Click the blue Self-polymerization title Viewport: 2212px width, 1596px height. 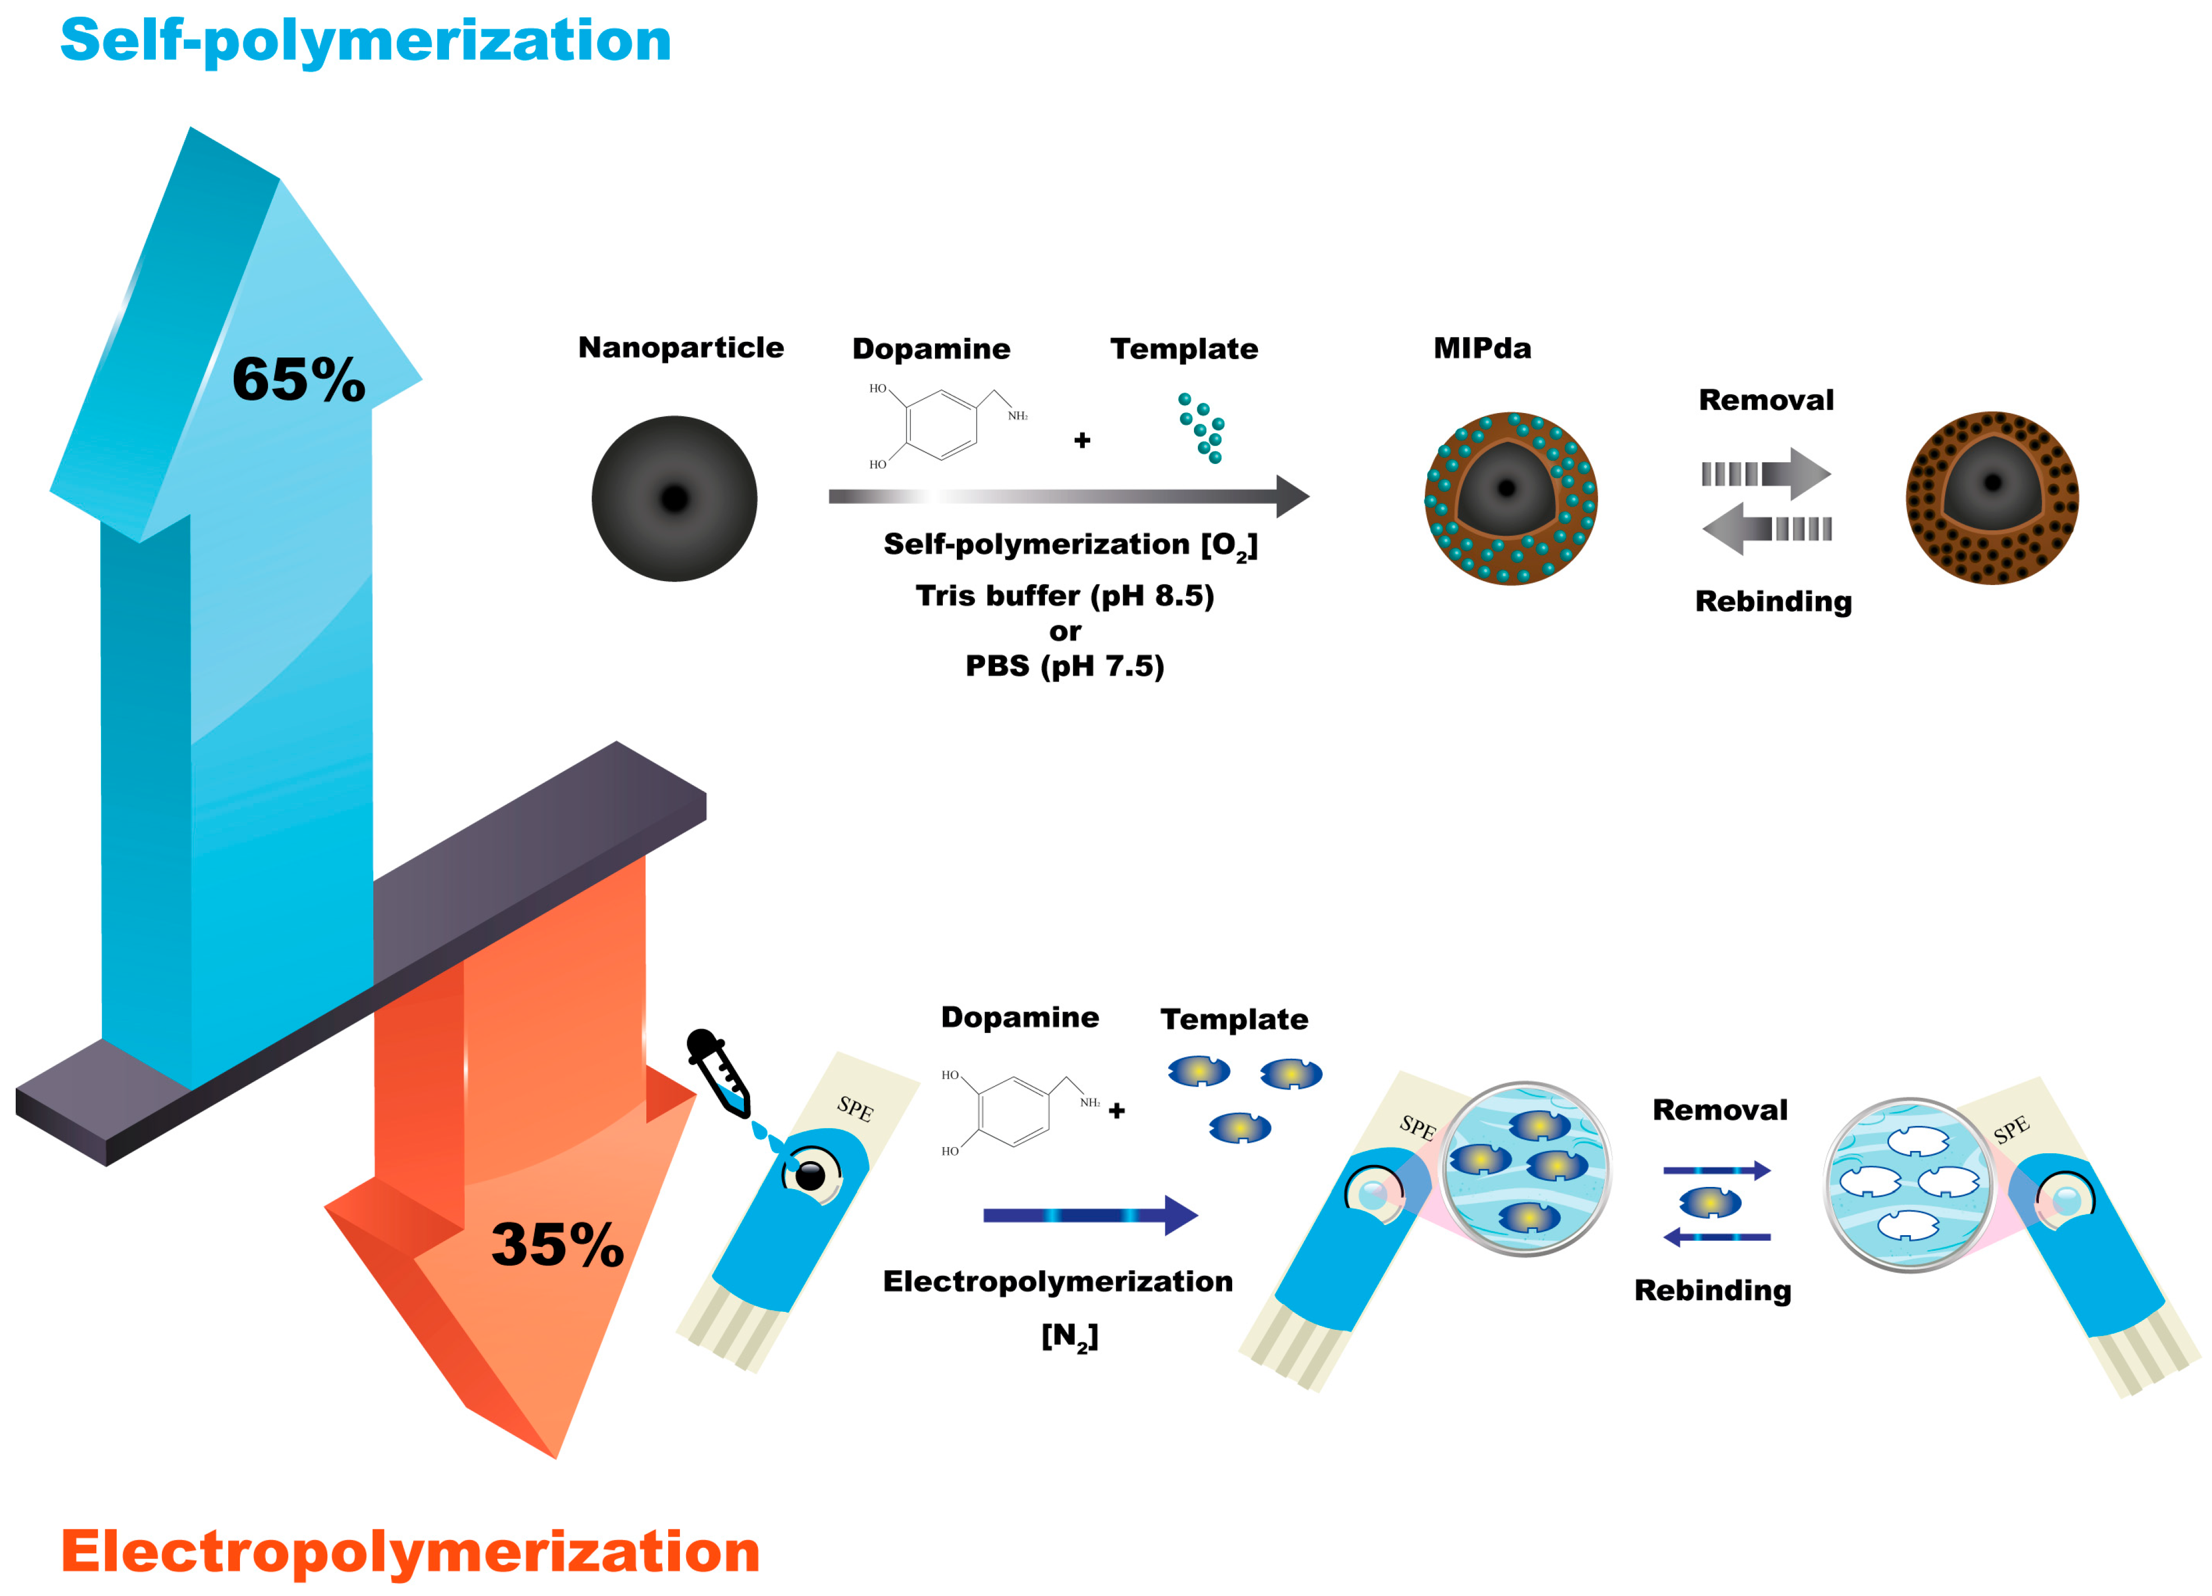(x=365, y=41)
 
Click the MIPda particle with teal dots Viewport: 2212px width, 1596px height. (x=1510, y=498)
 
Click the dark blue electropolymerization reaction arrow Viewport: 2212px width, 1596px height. (x=1088, y=1215)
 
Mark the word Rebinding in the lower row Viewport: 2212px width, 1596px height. (x=1713, y=1290)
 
